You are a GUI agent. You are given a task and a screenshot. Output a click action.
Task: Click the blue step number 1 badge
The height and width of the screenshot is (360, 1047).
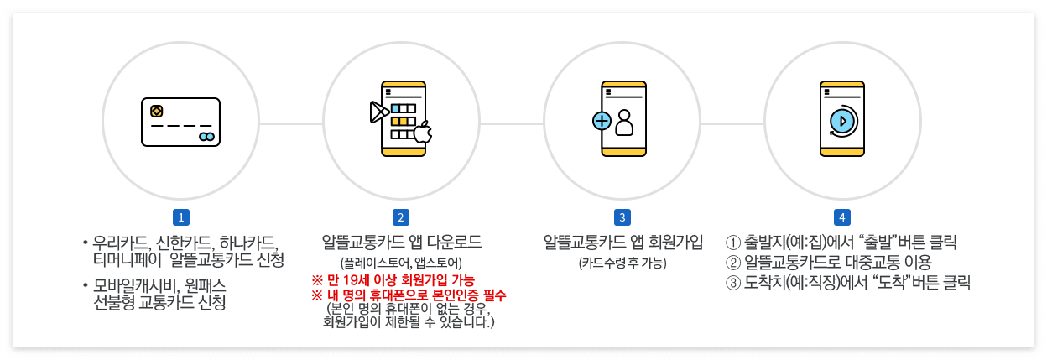(x=180, y=217)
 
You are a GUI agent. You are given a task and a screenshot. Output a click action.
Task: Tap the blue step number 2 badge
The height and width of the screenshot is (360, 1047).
(x=401, y=217)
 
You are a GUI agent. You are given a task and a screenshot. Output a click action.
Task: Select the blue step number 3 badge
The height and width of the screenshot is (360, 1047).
(x=622, y=217)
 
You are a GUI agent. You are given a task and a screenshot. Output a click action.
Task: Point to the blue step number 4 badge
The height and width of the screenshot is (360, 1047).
(x=841, y=217)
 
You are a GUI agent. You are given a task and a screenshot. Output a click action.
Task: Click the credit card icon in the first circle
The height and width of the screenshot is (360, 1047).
(x=180, y=123)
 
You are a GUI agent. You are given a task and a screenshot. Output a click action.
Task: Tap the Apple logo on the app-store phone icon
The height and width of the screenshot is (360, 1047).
(x=423, y=133)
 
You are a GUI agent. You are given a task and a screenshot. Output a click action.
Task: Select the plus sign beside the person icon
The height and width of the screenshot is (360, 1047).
(x=602, y=121)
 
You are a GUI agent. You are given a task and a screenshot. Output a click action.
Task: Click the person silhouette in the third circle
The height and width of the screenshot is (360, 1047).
(x=624, y=123)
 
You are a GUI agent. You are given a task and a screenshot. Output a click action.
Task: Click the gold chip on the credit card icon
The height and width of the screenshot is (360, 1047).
(x=156, y=111)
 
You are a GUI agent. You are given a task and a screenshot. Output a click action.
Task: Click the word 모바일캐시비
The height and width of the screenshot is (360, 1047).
(x=132, y=285)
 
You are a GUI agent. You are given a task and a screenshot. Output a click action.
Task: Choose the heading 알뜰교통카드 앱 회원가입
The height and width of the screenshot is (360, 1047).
(x=622, y=243)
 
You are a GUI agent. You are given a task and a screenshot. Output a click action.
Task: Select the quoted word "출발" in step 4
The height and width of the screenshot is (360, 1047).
(x=888, y=243)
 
